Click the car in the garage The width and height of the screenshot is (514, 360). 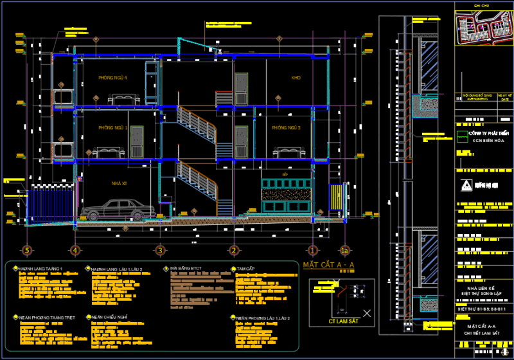coord(116,210)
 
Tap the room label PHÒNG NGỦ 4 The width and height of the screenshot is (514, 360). coord(113,78)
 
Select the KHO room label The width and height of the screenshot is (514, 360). coord(296,78)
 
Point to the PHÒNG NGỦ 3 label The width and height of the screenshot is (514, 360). coord(286,128)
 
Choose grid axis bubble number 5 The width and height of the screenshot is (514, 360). coord(27,250)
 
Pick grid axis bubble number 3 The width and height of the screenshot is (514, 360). coord(160,250)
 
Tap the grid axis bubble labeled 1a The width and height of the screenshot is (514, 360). coord(345,250)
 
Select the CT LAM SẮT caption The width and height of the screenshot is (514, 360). coord(342,320)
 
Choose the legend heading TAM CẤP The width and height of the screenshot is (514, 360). coord(245,269)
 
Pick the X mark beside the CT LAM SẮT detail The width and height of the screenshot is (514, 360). coord(367,313)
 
